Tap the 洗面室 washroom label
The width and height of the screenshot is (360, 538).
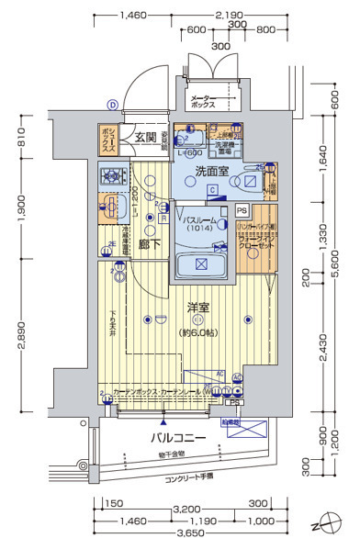tap(212, 171)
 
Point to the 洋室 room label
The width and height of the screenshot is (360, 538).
tap(200, 307)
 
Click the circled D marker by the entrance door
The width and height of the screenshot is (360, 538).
tap(111, 105)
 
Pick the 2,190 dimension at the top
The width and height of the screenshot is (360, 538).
tap(227, 16)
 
